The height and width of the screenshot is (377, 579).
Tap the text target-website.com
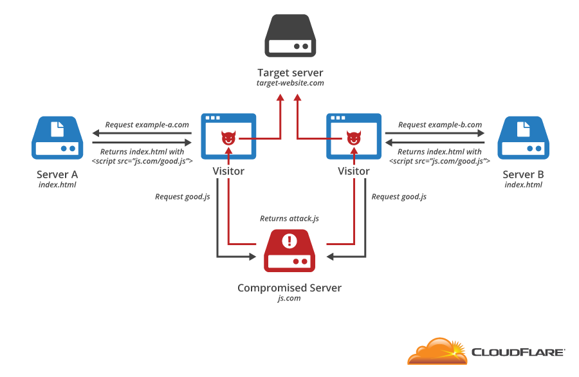(289, 84)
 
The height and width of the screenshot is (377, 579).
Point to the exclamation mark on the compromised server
(289, 241)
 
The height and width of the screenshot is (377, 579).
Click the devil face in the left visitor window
(228, 138)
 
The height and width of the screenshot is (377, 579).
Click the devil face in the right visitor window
(353, 138)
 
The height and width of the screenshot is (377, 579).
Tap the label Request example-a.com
(147, 125)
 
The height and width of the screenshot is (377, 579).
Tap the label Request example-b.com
(440, 125)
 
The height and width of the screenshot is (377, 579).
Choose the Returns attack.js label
(289, 219)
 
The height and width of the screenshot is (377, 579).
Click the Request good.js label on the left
(183, 196)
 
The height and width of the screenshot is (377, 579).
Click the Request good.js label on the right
(399, 196)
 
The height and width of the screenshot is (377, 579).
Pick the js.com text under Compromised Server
(289, 299)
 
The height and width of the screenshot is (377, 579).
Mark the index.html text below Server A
(57, 185)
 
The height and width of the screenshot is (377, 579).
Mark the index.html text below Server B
(523, 185)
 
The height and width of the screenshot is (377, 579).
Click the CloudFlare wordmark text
(519, 352)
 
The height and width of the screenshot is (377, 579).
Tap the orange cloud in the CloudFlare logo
(437, 352)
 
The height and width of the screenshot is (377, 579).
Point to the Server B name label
(523, 174)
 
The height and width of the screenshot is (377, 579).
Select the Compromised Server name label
(289, 288)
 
